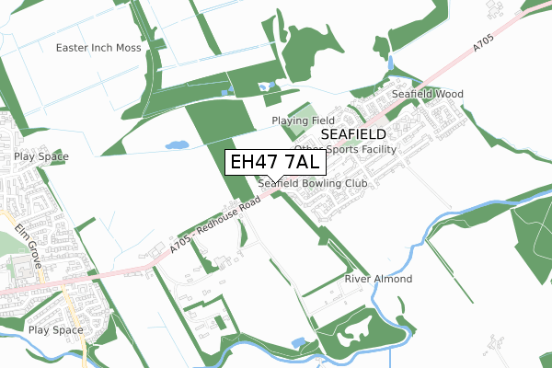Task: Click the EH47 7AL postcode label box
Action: click(274, 162)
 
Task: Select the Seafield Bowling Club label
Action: click(313, 184)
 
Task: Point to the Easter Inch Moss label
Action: click(98, 47)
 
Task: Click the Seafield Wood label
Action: click(428, 94)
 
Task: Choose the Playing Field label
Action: click(303, 121)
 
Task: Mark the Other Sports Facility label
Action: click(345, 148)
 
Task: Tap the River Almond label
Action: click(378, 279)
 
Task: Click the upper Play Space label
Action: click(41, 157)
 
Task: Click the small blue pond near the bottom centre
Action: click(298, 342)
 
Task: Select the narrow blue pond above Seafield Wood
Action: click(390, 64)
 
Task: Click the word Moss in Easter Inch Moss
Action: click(127, 47)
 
